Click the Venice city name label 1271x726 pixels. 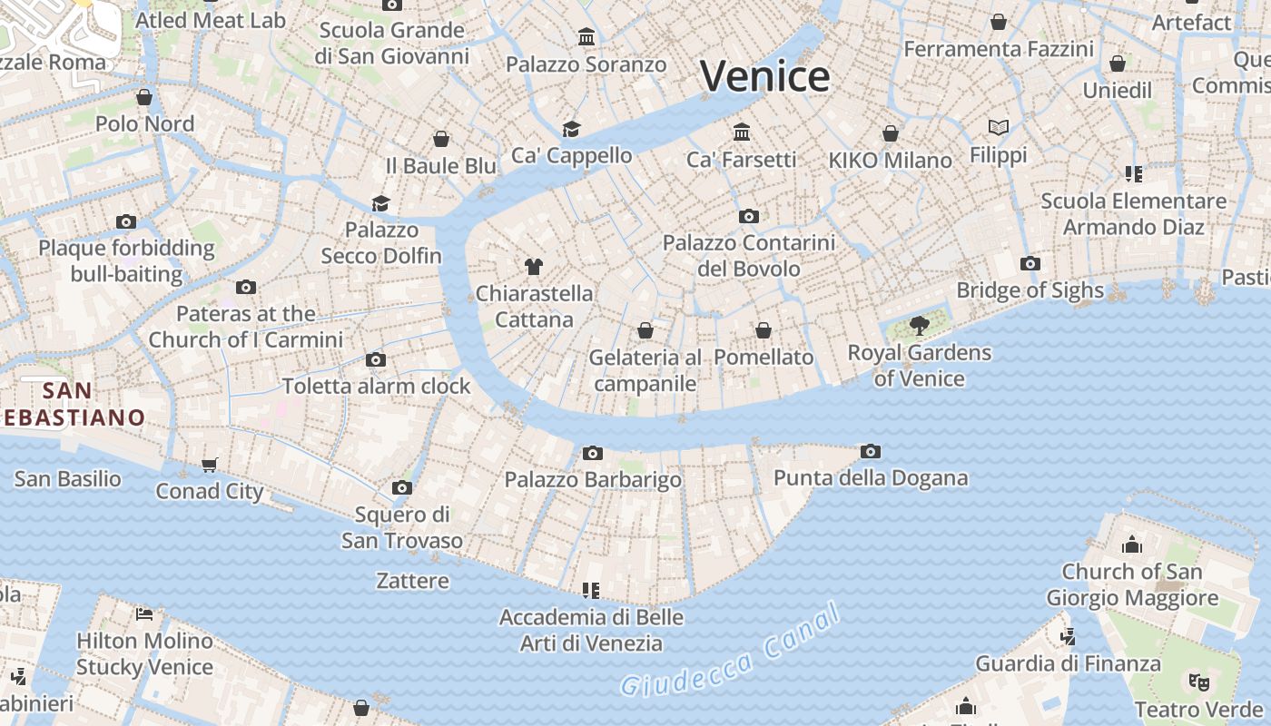point(764,76)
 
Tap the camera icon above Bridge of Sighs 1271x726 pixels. point(1030,264)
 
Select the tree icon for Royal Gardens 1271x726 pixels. point(919,325)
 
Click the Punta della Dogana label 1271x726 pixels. point(871,477)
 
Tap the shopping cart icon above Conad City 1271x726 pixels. point(210,466)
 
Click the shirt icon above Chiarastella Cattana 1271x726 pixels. point(534,267)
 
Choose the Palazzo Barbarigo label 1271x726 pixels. point(593,479)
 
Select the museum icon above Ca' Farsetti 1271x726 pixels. point(742,132)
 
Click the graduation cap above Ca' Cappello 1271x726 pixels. point(571,129)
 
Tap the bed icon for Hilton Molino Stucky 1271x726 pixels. point(144,614)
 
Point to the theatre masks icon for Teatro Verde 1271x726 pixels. point(1198,681)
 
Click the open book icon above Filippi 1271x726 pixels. point(999,128)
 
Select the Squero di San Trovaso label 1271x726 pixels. point(402,528)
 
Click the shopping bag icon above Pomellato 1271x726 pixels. point(764,330)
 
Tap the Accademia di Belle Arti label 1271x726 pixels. point(591,631)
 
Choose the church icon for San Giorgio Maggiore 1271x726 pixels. point(1131,545)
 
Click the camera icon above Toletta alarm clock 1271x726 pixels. point(376,360)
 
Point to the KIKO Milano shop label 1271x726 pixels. point(890,161)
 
